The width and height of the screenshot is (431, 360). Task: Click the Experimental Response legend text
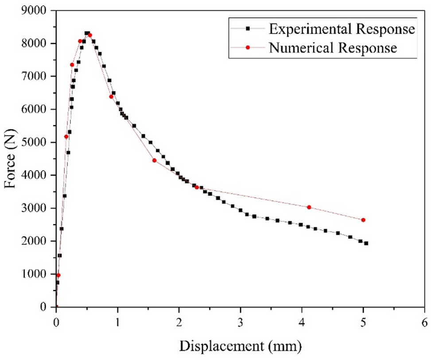[x=342, y=29]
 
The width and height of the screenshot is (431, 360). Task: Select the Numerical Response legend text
[x=332, y=48]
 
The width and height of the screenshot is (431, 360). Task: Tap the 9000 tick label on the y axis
[x=36, y=11]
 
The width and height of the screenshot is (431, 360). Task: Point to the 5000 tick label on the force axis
[x=36, y=142]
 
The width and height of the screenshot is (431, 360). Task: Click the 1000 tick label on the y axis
[x=36, y=274]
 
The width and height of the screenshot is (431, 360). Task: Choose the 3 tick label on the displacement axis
[x=241, y=321]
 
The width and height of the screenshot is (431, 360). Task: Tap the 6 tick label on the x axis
[x=425, y=321]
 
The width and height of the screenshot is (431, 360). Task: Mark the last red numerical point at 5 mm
[x=363, y=220]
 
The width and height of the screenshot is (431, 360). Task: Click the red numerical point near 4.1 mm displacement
[x=309, y=207]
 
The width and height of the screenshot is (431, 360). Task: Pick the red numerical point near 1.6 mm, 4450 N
[x=154, y=160]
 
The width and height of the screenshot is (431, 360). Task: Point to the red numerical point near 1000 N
[x=58, y=275]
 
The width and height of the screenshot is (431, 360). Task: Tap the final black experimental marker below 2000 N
[x=366, y=243]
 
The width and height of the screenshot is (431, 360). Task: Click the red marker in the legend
[x=248, y=48]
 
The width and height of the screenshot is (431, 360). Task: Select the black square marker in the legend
[x=248, y=29]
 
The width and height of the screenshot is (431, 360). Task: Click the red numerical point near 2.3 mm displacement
[x=197, y=187]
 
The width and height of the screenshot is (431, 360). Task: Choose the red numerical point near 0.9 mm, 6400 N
[x=111, y=97]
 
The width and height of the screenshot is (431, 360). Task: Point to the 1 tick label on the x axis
[x=117, y=321]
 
